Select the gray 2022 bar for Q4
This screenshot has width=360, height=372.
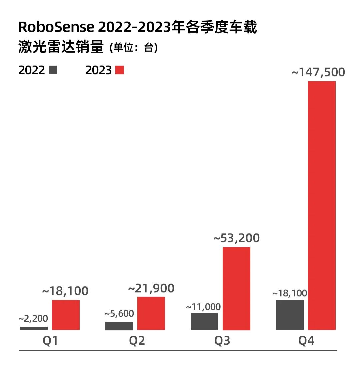290,315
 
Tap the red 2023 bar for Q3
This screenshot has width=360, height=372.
236,288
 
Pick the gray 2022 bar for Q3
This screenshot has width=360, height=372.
204,321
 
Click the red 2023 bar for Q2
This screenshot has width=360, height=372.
151,313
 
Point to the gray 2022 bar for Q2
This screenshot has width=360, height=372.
119,326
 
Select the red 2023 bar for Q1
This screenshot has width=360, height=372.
66,315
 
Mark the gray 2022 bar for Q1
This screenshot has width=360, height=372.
34,328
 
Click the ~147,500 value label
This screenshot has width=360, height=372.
318,72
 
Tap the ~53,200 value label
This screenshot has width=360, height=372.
236,238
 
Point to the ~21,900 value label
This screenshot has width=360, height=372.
151,288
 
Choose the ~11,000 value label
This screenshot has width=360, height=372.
203,307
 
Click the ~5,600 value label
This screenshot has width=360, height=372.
119,314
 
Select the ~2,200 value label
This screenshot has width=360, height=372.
33,319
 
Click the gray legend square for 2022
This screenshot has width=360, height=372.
53,70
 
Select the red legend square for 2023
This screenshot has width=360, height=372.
119,70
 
